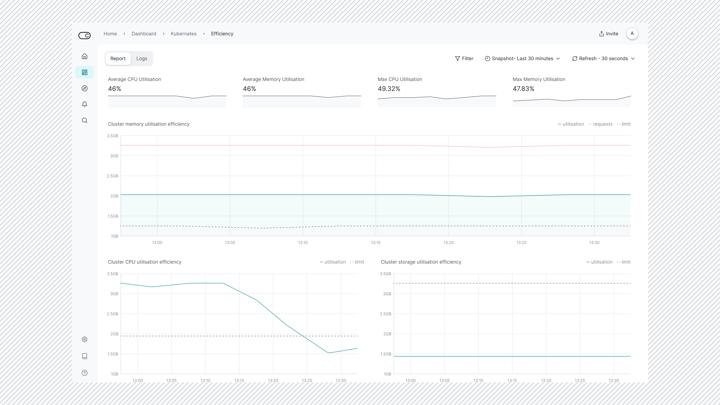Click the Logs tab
point(141,59)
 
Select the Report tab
point(118,59)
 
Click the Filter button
point(464,59)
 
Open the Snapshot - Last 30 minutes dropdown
point(522,59)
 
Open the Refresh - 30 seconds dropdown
point(603,59)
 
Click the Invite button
point(609,34)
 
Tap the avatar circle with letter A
point(632,34)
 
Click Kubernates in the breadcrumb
point(183,34)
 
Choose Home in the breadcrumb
point(110,34)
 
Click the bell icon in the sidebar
point(85,104)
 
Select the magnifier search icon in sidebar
point(85,120)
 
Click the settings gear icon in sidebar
point(85,339)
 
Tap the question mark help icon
point(85,373)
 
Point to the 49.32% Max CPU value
point(389,89)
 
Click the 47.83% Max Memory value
point(523,89)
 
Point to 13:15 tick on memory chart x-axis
point(375,242)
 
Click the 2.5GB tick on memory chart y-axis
point(112,176)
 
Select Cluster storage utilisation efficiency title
point(421,262)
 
